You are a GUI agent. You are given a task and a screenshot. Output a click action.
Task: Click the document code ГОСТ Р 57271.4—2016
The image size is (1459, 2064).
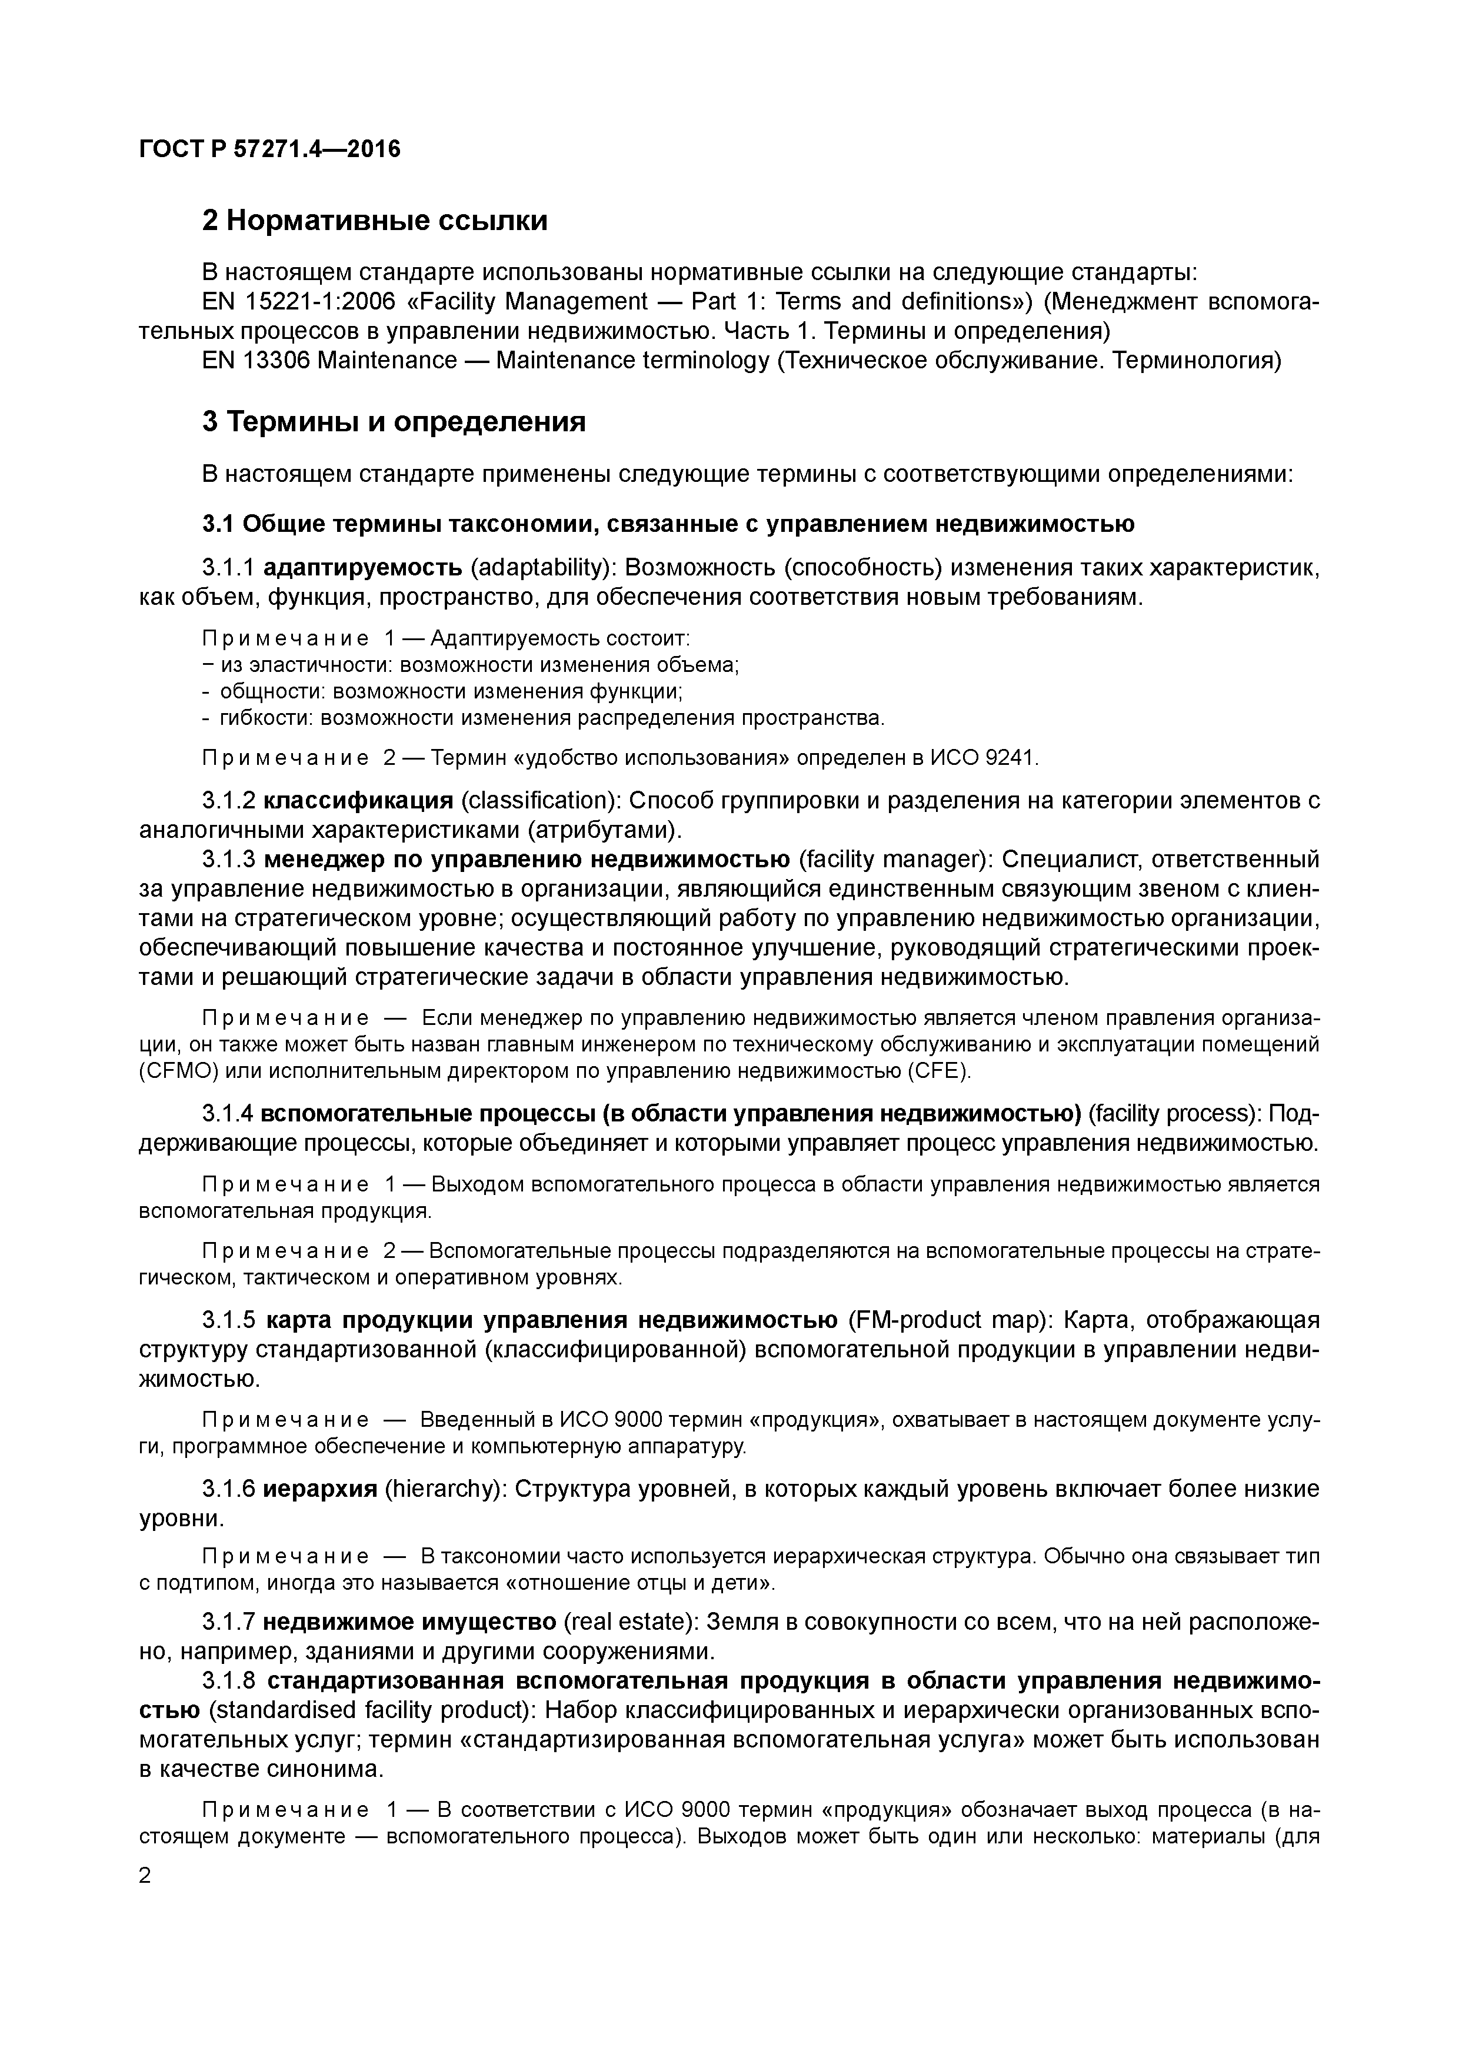269,148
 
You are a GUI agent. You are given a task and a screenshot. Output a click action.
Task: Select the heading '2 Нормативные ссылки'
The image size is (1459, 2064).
374,220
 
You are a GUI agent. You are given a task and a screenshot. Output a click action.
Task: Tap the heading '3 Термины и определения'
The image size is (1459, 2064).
394,422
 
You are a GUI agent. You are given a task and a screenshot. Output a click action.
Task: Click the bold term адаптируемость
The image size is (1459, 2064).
362,567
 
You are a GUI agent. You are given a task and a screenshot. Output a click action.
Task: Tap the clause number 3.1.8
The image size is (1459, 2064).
229,1681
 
